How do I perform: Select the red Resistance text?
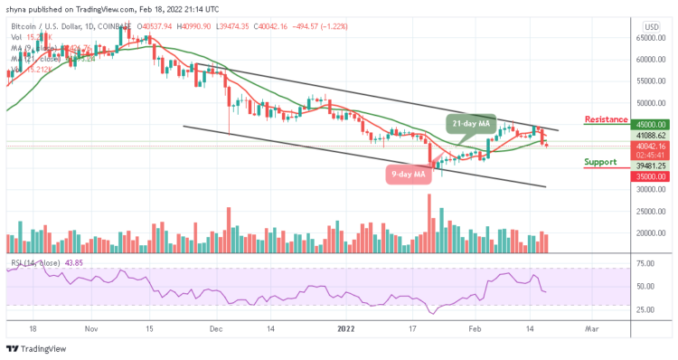pos(607,119)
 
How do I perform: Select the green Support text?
pos(600,163)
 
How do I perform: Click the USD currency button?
pos(649,26)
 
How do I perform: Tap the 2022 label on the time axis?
pos(345,330)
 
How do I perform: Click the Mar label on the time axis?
pos(592,330)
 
